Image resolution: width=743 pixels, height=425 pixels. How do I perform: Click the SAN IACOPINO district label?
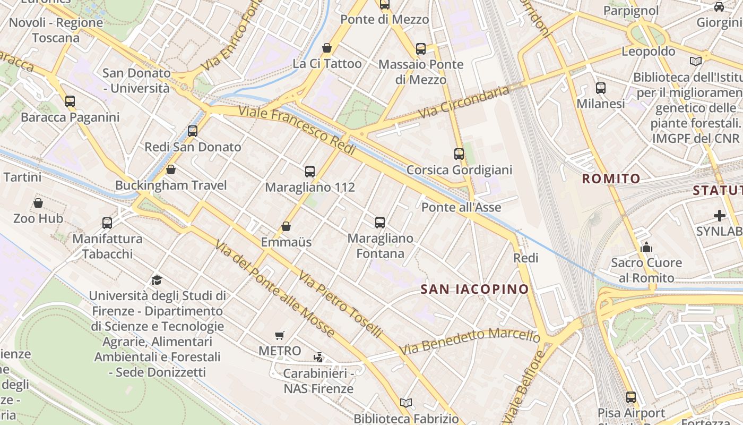474,290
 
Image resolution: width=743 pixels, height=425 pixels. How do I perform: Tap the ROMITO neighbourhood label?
611,178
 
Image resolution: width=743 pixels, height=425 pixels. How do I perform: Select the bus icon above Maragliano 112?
310,172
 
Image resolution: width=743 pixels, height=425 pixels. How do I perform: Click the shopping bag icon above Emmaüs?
286,226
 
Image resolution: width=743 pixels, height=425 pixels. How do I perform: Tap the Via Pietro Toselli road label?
340,304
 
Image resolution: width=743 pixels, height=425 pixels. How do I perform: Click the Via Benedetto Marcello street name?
470,342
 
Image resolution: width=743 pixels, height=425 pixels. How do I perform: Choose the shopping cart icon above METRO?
280,335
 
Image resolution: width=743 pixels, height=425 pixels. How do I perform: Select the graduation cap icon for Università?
157,280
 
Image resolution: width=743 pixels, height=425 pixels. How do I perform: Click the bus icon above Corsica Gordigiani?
459,154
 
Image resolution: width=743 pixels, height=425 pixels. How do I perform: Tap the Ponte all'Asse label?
461,207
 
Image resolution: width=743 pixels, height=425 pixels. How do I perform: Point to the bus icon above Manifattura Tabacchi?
107,223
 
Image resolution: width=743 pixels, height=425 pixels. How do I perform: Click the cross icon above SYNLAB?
720,216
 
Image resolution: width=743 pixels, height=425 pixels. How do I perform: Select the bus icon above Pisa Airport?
631,397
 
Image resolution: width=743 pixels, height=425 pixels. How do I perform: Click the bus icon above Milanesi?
601,88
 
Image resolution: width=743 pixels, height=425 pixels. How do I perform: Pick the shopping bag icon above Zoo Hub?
38,203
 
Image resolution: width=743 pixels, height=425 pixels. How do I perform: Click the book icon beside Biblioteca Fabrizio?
406,403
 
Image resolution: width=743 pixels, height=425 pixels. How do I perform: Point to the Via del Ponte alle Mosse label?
274,288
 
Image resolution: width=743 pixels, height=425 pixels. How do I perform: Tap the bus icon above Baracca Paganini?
70,101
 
